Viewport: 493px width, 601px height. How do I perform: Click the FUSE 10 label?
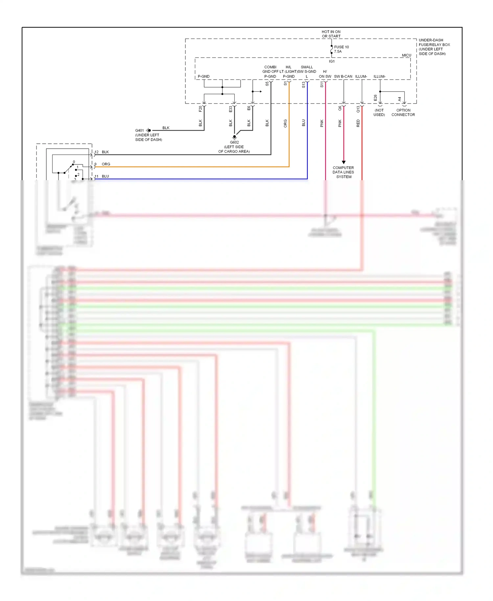pos(341,47)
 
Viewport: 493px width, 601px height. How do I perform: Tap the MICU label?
pos(406,55)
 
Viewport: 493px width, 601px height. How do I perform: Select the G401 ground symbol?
pos(149,131)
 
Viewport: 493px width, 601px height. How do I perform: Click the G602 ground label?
pos(234,142)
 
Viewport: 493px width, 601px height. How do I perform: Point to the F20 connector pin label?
pos(200,109)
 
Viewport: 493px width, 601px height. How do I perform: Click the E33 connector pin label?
pos(231,109)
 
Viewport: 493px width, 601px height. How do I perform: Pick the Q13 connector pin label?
pos(358,109)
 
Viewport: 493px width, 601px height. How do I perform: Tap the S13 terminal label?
pos(304,85)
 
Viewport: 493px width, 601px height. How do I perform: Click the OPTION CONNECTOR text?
pos(403,112)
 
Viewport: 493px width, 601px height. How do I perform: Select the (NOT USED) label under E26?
pos(379,112)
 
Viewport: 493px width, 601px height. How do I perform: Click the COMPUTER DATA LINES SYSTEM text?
pos(343,172)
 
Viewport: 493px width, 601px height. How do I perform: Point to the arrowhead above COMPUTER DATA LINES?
pos(344,162)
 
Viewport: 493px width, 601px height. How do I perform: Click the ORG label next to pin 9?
pos(106,164)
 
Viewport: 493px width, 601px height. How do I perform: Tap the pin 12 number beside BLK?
pos(97,152)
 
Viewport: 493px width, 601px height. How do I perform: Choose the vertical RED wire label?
pos(358,123)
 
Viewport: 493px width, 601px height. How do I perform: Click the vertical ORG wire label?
pos(285,123)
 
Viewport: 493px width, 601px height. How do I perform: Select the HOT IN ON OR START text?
pos(331,34)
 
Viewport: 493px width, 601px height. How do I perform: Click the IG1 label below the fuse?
pos(332,61)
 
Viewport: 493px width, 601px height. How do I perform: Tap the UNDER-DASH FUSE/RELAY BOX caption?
pos(434,47)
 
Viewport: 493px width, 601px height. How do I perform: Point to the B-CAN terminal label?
pos(346,77)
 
